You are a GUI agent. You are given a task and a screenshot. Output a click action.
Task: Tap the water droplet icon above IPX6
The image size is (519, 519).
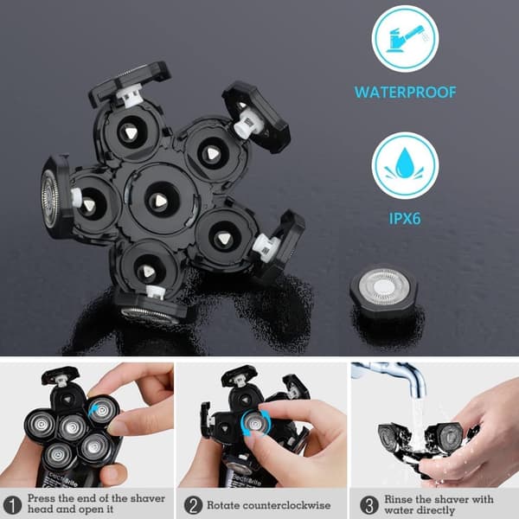pyautogui.click(x=405, y=165)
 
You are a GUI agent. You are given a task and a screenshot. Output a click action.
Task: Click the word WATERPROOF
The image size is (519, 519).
pyautogui.click(x=405, y=93)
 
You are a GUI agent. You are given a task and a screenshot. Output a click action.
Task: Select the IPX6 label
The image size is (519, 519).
pyautogui.click(x=405, y=219)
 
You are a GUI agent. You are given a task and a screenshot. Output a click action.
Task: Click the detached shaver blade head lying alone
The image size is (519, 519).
pyautogui.click(x=384, y=288)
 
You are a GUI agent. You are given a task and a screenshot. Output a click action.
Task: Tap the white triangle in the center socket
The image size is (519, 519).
pyautogui.click(x=160, y=201)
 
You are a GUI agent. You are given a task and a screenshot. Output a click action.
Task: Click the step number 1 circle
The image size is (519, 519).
pyautogui.click(x=12, y=505)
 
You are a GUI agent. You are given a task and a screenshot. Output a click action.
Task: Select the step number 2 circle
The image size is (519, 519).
pyautogui.click(x=193, y=505)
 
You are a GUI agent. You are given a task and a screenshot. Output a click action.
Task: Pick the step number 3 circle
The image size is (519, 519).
pyautogui.click(x=369, y=505)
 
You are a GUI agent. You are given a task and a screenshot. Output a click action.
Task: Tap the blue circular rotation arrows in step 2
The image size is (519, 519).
pyautogui.click(x=253, y=423)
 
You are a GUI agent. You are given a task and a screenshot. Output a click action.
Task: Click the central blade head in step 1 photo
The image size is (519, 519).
pyautogui.click(x=73, y=427)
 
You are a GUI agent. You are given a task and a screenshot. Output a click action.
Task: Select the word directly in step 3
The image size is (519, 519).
pyautogui.click(x=436, y=510)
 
